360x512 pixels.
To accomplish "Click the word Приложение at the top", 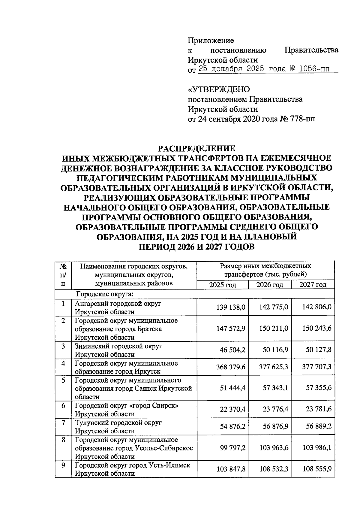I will pyautogui.click(x=211, y=40).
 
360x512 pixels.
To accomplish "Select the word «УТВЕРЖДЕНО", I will pyautogui.click(x=219, y=89).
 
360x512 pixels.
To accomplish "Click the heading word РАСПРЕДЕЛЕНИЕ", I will pyautogui.click(x=197, y=148).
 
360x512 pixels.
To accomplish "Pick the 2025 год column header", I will pyautogui.click(x=223, y=285).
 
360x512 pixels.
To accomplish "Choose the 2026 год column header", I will pyautogui.click(x=270, y=285).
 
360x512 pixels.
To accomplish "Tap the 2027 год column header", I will pyautogui.click(x=313, y=285).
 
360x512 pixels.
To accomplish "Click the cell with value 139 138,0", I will pyautogui.click(x=231, y=307).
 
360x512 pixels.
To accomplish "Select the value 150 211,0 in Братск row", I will pyautogui.click(x=274, y=329).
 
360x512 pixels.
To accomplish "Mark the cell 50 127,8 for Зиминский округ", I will pyautogui.click(x=317, y=350).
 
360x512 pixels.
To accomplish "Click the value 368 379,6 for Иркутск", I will pyautogui.click(x=231, y=367).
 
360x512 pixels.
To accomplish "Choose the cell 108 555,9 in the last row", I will pyautogui.click(x=317, y=469).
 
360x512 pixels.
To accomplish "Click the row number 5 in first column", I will pyautogui.click(x=63, y=380).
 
